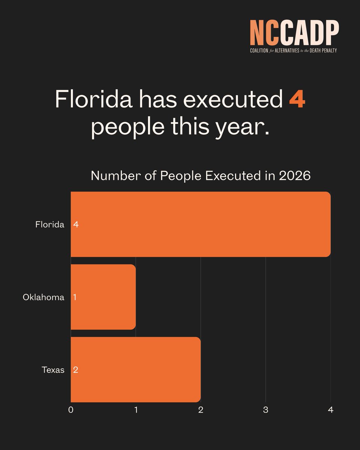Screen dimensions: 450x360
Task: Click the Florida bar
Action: (x=201, y=224)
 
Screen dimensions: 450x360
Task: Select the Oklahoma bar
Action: (x=103, y=297)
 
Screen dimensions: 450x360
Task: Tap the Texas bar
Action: (x=136, y=369)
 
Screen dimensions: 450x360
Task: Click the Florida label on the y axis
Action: (x=49, y=225)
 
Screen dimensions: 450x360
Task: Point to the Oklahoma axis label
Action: (x=43, y=297)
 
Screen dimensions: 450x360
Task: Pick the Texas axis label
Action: (x=53, y=370)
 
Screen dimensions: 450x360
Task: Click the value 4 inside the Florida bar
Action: (x=76, y=225)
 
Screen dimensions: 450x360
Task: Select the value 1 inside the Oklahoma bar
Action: (x=75, y=297)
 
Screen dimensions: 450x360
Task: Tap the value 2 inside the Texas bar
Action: (x=76, y=370)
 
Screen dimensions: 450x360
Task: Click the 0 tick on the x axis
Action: (x=71, y=410)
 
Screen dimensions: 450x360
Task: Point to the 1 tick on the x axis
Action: (x=136, y=410)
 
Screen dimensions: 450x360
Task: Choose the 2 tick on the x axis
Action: (x=201, y=410)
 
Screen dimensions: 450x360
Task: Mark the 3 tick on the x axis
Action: (x=265, y=410)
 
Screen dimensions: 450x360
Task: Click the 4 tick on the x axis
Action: (x=330, y=410)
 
